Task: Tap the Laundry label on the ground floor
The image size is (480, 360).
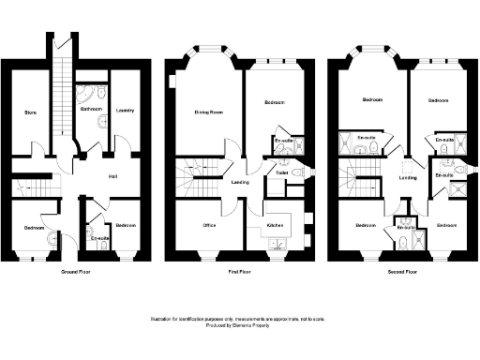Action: tap(125, 111)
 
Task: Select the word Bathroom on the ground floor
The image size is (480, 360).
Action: tap(91, 110)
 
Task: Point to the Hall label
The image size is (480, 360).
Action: tap(112, 175)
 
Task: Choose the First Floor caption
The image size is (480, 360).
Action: tap(240, 271)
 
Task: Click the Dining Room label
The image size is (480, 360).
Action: tap(207, 112)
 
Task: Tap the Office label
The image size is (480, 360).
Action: tap(211, 226)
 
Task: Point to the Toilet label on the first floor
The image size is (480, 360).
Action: tap(281, 172)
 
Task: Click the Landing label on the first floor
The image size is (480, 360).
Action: tap(241, 181)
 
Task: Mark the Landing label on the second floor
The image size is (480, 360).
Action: tap(408, 177)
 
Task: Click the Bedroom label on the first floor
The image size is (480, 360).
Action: tap(274, 102)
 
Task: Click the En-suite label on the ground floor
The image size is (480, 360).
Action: tap(98, 238)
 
